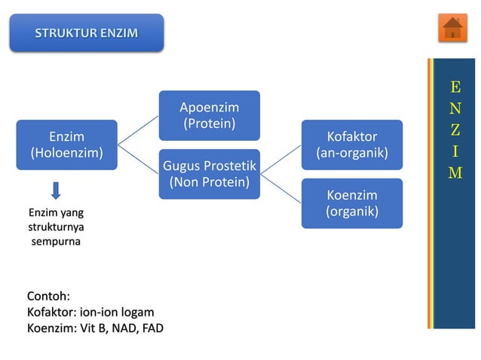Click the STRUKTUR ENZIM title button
(86, 33)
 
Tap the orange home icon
(452, 29)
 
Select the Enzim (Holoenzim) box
(66, 145)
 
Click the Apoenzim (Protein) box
(209, 115)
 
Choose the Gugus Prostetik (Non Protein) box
(209, 173)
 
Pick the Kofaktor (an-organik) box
(351, 145)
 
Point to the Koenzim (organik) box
(351, 203)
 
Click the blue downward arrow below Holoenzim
(57, 191)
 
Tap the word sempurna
(56, 241)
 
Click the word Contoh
(47, 296)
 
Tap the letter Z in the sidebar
(455, 130)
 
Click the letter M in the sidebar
(455, 173)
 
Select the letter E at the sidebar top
(455, 87)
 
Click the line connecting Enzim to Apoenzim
(138, 130)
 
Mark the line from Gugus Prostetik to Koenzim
(280, 188)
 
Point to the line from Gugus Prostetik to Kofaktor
(280, 159)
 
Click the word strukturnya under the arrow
(56, 227)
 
